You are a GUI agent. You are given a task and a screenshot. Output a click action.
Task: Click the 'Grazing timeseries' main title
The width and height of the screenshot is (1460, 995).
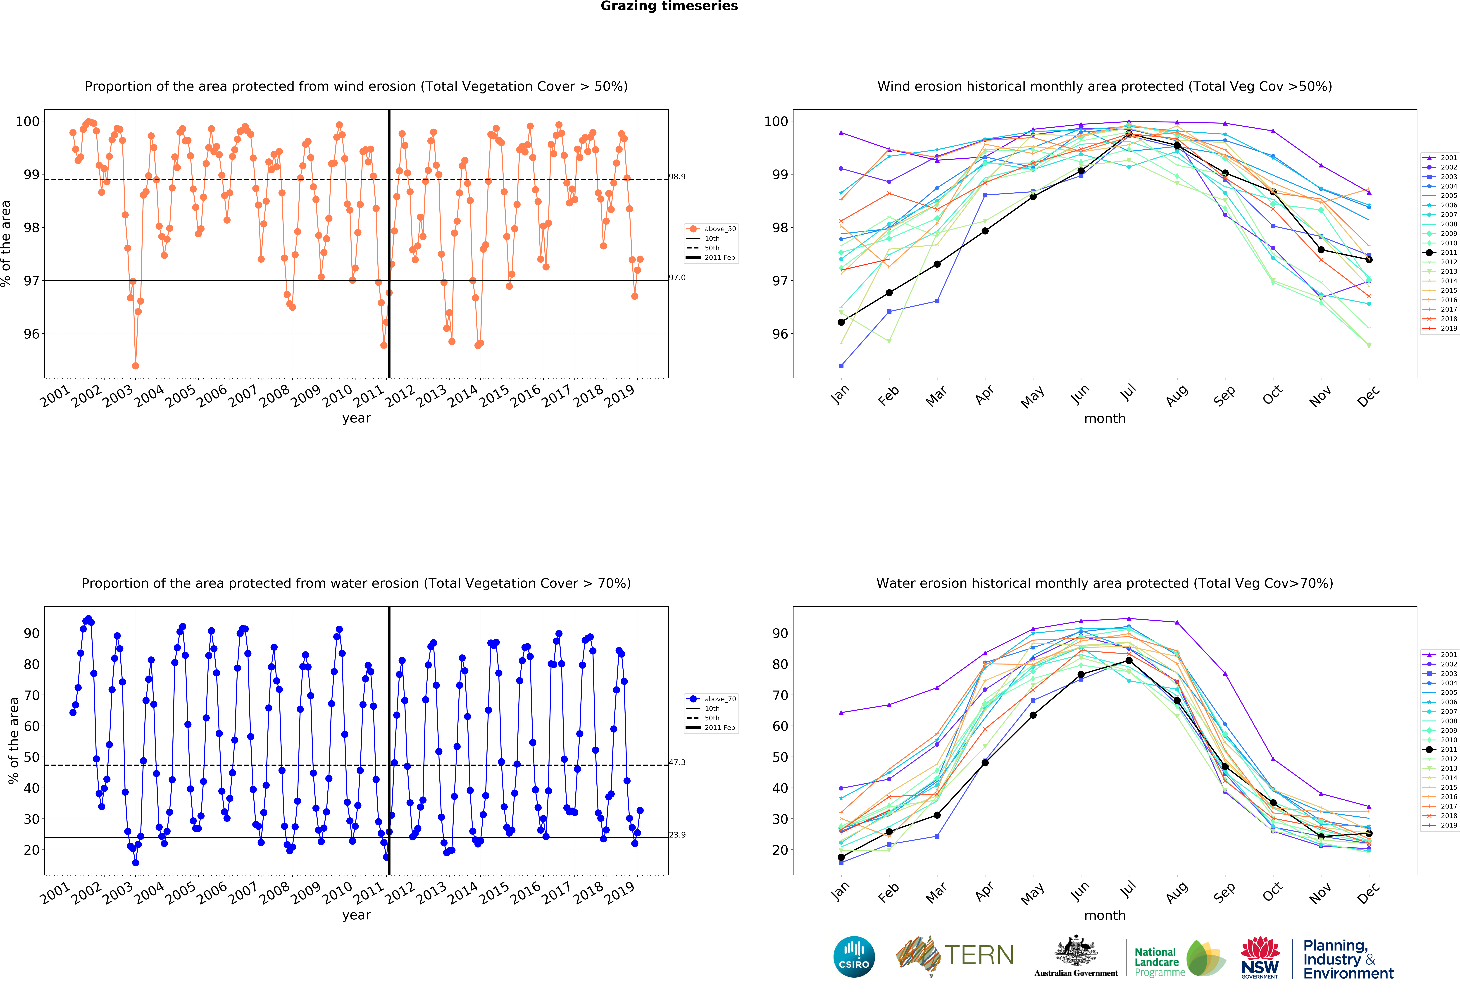tap(669, 6)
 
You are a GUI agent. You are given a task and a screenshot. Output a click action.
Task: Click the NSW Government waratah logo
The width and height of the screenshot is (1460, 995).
tap(1260, 957)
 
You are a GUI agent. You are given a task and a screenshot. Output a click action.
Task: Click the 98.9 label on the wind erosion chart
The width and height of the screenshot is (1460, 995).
tap(677, 177)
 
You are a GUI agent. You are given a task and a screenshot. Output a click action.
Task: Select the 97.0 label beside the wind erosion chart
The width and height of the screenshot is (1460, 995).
tap(677, 278)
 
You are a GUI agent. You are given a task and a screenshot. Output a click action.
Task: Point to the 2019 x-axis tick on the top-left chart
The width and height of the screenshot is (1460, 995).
tap(619, 396)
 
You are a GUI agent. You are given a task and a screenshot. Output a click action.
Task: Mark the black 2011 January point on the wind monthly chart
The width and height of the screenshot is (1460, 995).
tap(841, 322)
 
